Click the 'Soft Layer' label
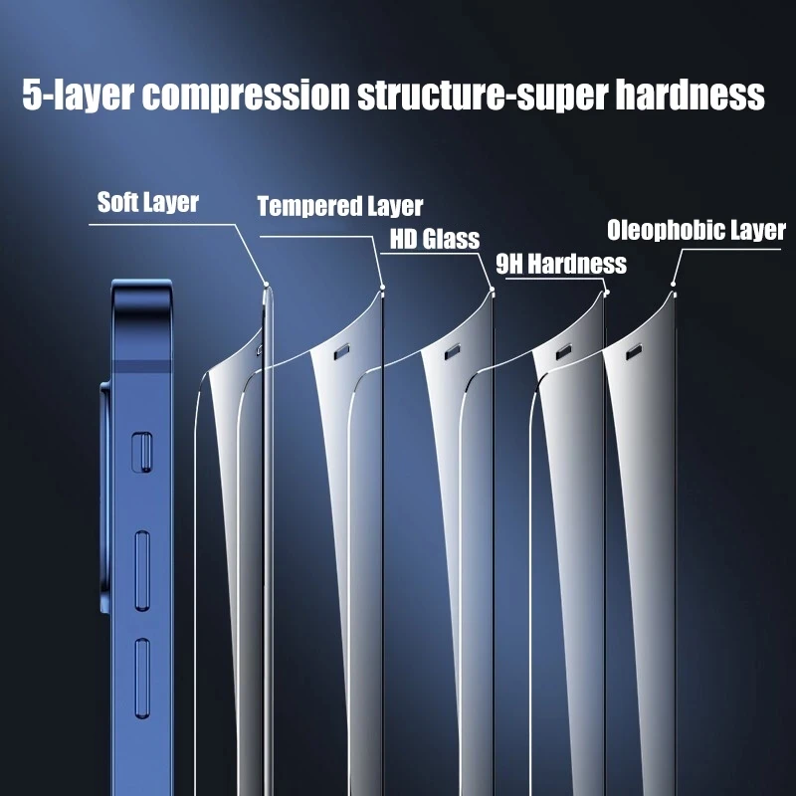[147, 203]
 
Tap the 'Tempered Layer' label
[339, 207]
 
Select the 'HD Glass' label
[435, 239]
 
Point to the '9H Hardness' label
[560, 264]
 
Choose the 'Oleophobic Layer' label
[696, 232]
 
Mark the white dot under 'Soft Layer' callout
[266, 287]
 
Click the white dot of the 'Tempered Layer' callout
[383, 288]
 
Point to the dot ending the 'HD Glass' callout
[492, 292]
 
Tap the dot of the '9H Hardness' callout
[606, 293]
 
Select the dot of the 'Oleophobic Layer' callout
[673, 287]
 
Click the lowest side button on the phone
[141, 680]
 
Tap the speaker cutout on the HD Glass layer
[452, 351]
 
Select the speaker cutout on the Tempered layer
[341, 351]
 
